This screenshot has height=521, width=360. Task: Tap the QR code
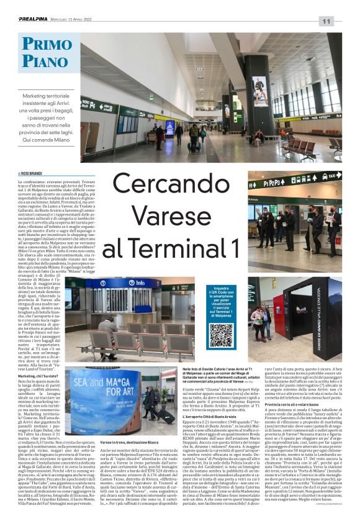point(220,335)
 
